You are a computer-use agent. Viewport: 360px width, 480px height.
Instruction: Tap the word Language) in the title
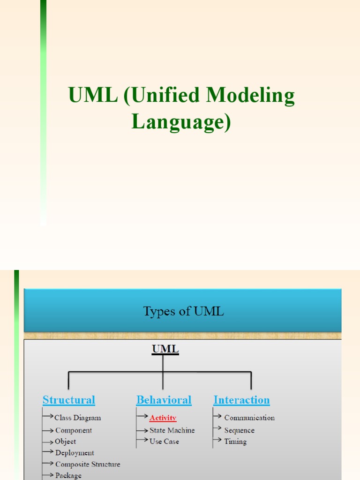181,121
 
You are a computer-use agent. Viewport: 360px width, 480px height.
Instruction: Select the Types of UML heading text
183,311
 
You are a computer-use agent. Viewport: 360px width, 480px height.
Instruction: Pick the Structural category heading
69,400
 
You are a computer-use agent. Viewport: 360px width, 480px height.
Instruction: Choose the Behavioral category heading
164,400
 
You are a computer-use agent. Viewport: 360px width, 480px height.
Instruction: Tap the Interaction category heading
241,400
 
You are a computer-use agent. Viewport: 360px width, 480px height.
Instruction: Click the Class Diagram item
77,418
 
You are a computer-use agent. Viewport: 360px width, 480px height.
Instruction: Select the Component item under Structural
74,430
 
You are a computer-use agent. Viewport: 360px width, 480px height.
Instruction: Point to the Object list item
65,442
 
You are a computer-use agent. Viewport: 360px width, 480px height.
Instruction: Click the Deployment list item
75,453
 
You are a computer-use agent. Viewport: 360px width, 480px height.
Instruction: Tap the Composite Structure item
88,464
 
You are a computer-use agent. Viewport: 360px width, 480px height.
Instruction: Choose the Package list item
68,475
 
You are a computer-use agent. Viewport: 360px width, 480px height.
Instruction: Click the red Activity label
163,418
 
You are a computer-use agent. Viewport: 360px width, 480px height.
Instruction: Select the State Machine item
172,430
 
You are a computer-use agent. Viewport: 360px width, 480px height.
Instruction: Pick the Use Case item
164,442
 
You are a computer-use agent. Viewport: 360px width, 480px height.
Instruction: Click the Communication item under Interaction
249,418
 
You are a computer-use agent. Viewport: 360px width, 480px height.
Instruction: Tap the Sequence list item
239,430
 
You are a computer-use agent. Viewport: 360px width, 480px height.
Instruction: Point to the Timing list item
235,442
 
